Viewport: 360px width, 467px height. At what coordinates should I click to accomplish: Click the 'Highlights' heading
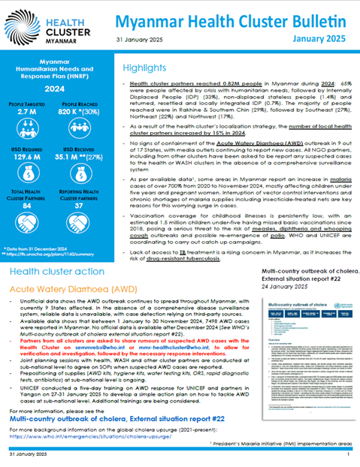(x=150, y=68)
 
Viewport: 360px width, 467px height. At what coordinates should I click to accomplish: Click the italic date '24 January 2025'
(x=284, y=288)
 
